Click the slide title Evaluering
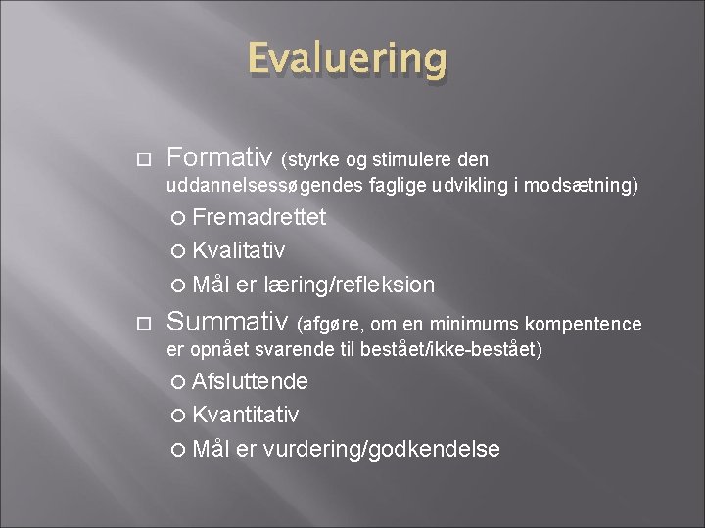(x=348, y=59)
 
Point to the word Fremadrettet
(x=259, y=217)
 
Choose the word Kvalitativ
(x=239, y=251)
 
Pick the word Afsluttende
(x=250, y=381)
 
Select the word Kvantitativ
(x=246, y=416)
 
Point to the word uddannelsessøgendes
(x=266, y=186)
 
